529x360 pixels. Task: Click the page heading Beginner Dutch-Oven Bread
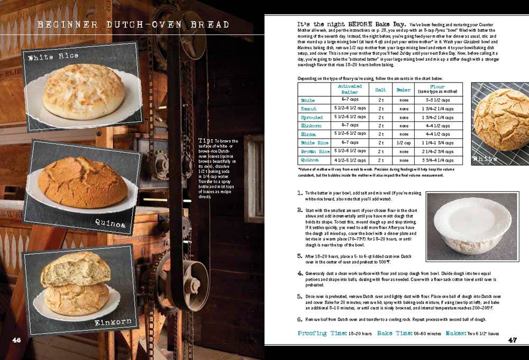[134, 25]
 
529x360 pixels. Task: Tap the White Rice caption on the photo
[53, 56]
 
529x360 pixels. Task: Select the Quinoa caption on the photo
[111, 224]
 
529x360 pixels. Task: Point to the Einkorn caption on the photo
[112, 322]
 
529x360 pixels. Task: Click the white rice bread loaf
[83, 92]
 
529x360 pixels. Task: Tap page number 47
[512, 339]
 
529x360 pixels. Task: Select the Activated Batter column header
[349, 89]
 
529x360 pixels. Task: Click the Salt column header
[380, 89]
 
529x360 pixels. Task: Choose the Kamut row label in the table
[308, 109]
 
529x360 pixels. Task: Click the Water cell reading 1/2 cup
[404, 143]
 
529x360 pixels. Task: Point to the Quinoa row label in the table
[310, 160]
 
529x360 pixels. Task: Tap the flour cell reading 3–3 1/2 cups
[437, 100]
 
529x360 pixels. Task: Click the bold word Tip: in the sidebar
[205, 140]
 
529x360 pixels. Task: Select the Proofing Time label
[322, 334]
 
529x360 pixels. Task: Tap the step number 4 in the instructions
[299, 273]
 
